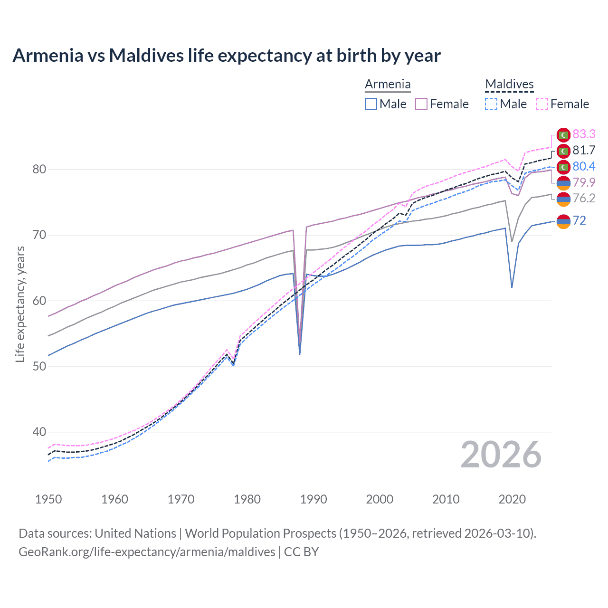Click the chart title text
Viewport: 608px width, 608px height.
pyautogui.click(x=227, y=56)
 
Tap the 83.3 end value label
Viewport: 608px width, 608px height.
pyautogui.click(x=584, y=134)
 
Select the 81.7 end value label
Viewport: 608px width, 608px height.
pyautogui.click(x=584, y=151)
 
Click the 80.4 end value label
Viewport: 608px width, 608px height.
pyautogui.click(x=584, y=166)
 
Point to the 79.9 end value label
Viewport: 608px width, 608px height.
pyautogui.click(x=584, y=182)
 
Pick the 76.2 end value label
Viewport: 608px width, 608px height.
pyautogui.click(x=584, y=198)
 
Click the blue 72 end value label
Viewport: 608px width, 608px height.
pyautogui.click(x=579, y=220)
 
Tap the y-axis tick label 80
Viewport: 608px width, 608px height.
pyautogui.click(x=39, y=170)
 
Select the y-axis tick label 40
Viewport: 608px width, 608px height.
pyautogui.click(x=39, y=432)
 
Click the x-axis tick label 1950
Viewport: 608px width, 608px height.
pyautogui.click(x=48, y=499)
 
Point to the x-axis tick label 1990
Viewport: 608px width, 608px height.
pyautogui.click(x=313, y=499)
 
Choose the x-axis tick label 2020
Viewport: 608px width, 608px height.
pyautogui.click(x=512, y=499)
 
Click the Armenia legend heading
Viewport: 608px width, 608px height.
pyautogui.click(x=388, y=85)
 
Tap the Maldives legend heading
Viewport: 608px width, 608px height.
pyautogui.click(x=509, y=85)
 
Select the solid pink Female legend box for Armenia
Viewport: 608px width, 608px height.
pyautogui.click(x=421, y=104)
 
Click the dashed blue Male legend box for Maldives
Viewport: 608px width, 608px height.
pyautogui.click(x=491, y=104)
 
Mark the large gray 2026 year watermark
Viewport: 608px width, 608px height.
pyautogui.click(x=501, y=455)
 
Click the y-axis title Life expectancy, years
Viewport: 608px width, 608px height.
pyautogui.click(x=20, y=304)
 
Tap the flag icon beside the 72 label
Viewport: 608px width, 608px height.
pyautogui.click(x=563, y=221)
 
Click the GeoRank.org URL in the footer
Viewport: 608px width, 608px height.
pyautogui.click(x=147, y=552)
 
